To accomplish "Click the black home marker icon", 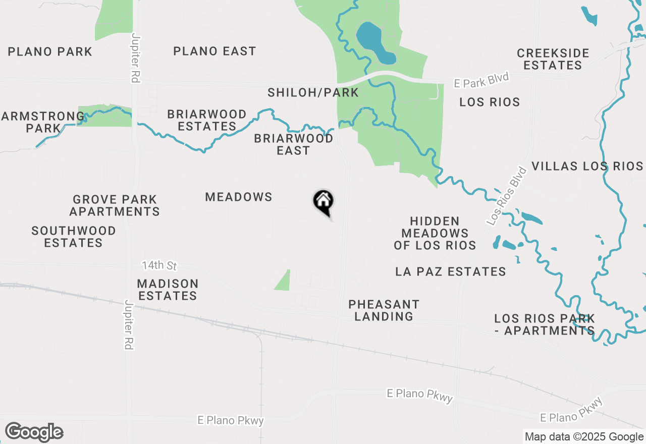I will [x=324, y=202].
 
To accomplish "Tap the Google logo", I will [x=34, y=432].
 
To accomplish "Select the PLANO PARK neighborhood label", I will [x=50, y=51].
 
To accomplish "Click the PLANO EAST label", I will [x=214, y=51].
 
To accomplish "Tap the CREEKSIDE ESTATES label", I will [x=553, y=59].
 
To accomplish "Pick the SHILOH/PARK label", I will [x=313, y=93].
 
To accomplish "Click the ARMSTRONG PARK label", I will [x=43, y=122].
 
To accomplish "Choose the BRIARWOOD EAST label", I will [x=294, y=144].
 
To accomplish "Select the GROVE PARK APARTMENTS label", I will [x=115, y=205].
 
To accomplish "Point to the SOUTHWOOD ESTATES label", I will [x=74, y=237].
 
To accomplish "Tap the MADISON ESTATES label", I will [x=168, y=290].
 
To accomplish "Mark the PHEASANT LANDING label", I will [x=384, y=310].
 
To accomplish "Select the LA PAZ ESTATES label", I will [x=451, y=271].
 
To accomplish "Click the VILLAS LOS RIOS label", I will [x=587, y=166].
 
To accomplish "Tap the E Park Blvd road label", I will [x=481, y=81].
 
